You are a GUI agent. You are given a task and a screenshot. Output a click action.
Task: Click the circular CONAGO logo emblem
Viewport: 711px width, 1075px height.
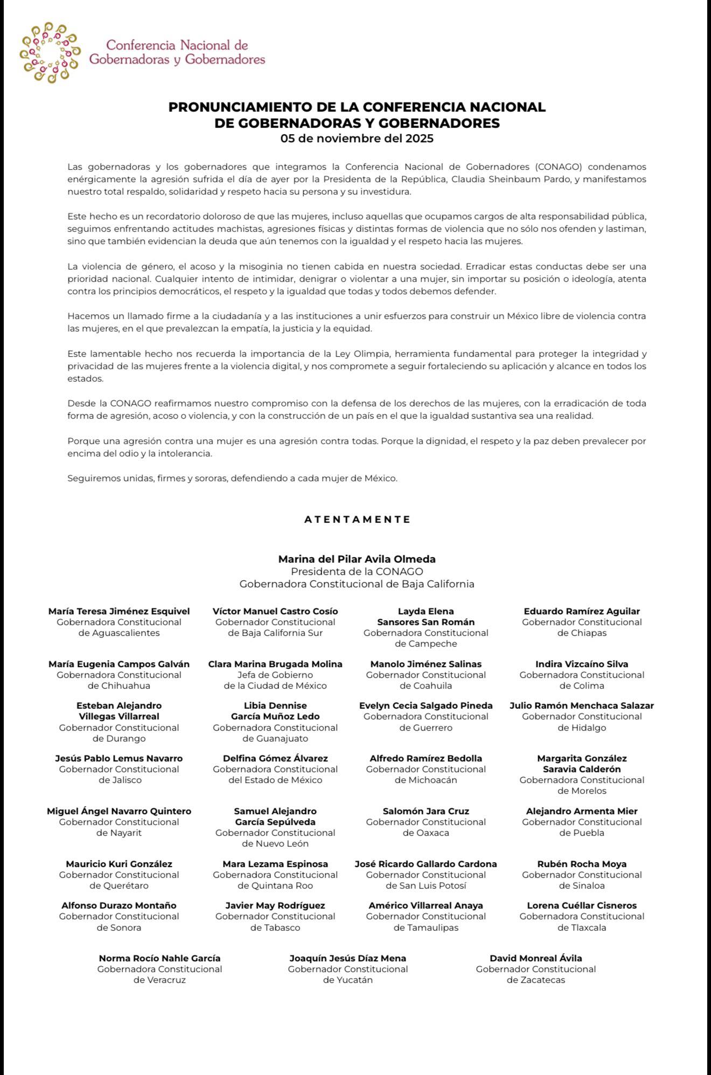coord(50,53)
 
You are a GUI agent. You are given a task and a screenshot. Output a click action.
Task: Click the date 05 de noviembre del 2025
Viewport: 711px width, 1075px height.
coord(357,138)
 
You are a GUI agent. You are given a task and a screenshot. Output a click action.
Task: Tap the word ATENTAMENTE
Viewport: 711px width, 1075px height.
coord(357,519)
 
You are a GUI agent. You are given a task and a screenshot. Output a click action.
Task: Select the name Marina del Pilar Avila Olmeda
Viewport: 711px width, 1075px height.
coord(357,559)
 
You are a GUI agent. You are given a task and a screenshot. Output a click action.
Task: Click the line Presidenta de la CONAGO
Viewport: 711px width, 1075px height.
coord(357,572)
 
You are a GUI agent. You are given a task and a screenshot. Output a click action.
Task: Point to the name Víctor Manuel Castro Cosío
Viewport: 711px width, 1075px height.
coord(275,611)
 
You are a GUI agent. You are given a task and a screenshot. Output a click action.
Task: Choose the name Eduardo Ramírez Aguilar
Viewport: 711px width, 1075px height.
coord(582,611)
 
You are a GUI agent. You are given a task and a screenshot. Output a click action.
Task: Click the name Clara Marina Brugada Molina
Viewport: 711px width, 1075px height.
coord(275,664)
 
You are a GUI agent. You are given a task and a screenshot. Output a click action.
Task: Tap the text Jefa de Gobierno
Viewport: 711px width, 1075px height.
coord(275,675)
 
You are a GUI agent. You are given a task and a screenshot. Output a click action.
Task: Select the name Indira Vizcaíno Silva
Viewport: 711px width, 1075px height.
coord(582,664)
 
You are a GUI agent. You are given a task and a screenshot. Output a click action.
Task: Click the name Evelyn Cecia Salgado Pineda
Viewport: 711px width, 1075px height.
coord(426,705)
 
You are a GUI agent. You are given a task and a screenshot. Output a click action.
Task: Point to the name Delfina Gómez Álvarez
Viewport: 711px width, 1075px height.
coord(275,758)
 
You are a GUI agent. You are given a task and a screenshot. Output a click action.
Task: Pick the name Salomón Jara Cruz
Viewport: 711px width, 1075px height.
coord(426,811)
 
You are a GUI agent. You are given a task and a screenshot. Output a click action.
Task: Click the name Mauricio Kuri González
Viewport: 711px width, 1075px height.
coord(119,864)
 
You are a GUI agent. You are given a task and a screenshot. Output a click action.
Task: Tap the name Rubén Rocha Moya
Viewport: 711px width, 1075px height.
coord(582,864)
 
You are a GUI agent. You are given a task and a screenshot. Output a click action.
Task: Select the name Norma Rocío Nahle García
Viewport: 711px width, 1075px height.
coord(159,958)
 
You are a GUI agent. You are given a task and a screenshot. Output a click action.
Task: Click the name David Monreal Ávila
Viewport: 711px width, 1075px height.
coord(535,958)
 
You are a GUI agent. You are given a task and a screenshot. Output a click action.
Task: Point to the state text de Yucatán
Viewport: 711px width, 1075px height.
coord(348,980)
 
